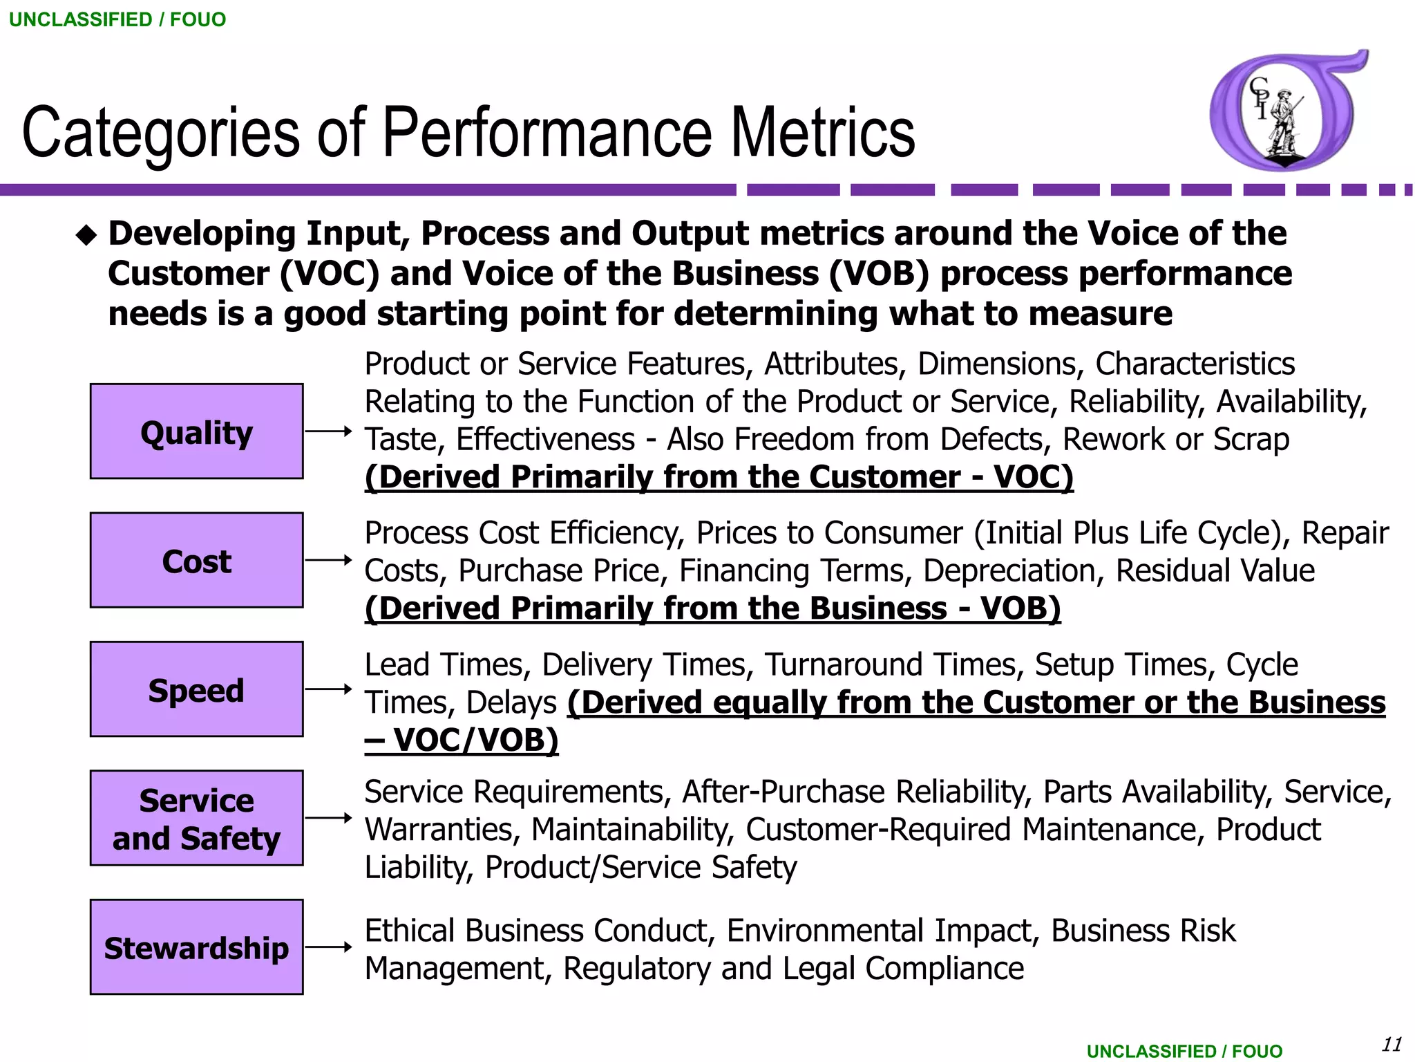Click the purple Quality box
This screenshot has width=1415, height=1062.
coord(196,431)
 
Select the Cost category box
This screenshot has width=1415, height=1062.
coord(196,560)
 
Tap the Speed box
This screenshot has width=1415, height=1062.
coord(196,689)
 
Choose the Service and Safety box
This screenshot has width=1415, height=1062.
coord(196,818)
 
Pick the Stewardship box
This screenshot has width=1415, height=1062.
coord(196,947)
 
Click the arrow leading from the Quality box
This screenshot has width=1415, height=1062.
coord(329,431)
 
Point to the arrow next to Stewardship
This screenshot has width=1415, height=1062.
coord(329,947)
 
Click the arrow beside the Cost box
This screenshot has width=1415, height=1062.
coord(329,560)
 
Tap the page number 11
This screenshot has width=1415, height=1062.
coord(1392,1044)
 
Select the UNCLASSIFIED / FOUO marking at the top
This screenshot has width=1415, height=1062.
coord(117,19)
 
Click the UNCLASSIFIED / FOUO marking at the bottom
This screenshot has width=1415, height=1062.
coord(1184,1051)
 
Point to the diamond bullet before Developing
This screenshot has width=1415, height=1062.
coord(86,236)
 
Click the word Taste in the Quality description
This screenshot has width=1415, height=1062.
coord(401,440)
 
